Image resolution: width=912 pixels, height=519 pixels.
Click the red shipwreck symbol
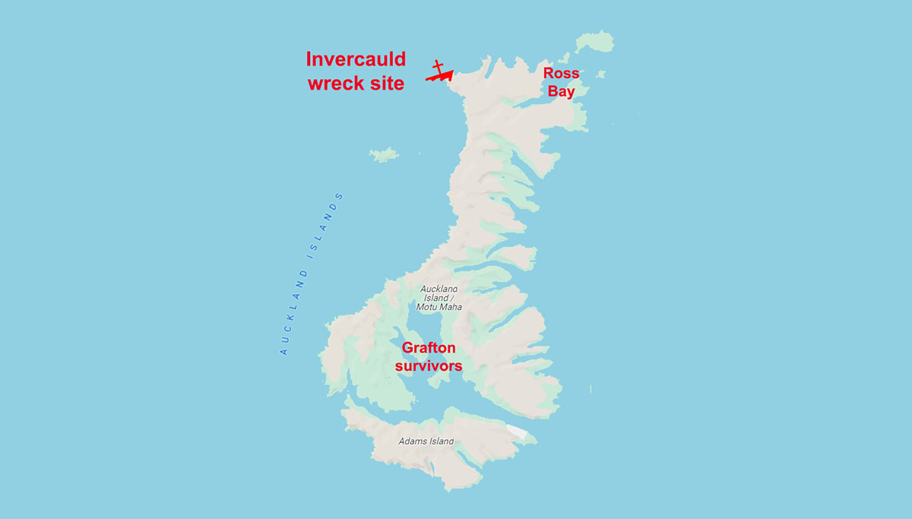click(x=439, y=72)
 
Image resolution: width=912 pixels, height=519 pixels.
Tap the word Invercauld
click(x=356, y=60)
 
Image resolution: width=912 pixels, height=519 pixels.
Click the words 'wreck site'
click(x=356, y=83)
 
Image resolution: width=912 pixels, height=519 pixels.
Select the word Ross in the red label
click(x=561, y=74)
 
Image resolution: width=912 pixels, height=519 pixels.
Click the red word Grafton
click(x=429, y=349)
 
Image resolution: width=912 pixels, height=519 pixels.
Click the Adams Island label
click(x=426, y=441)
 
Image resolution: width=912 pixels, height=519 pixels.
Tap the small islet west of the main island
click(x=385, y=154)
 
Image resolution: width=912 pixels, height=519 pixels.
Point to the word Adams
click(x=413, y=441)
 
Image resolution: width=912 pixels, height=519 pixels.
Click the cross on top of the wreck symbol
click(x=437, y=65)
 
